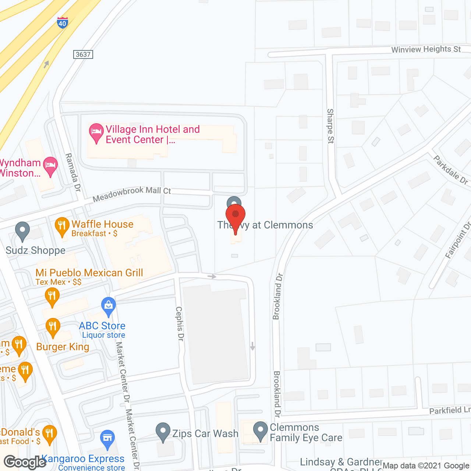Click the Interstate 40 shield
point(62,23)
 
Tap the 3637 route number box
point(83,54)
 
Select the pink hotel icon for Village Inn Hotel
point(96,133)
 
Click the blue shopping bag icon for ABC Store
point(109,306)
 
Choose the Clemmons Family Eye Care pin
point(261,431)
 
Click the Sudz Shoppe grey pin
point(22,231)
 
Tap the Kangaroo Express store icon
point(107,439)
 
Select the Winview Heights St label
point(426,49)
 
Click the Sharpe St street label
point(330,126)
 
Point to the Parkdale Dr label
point(450,170)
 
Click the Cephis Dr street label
point(180,324)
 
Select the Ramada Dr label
point(73,172)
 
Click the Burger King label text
point(63,347)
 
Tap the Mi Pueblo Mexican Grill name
point(89,273)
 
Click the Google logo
point(25,462)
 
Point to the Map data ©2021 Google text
point(426,466)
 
